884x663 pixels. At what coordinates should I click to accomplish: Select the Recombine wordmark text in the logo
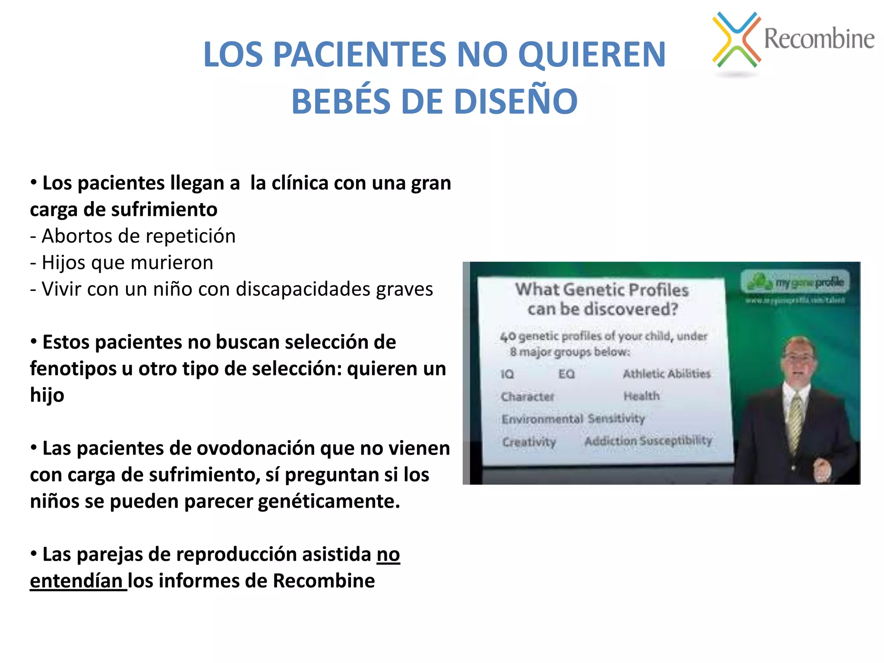click(x=819, y=38)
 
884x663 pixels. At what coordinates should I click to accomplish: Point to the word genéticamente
click(x=329, y=501)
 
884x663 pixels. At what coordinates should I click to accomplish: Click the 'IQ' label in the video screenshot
click(x=507, y=374)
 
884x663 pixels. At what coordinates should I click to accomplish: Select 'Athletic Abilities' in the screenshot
click(x=666, y=373)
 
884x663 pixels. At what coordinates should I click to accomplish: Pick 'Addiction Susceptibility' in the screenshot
click(x=647, y=441)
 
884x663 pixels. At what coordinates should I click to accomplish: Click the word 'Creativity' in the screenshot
click(x=529, y=442)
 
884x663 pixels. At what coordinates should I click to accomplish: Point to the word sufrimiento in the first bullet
click(x=164, y=210)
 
